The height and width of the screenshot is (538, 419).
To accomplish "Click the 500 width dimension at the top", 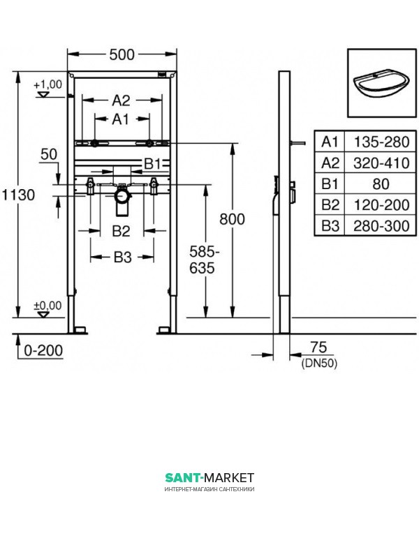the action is point(122,54).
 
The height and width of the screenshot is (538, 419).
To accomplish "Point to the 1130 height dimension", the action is point(19,195).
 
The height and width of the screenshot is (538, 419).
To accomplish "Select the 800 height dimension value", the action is point(232,219).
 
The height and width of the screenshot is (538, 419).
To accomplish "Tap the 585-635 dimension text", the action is point(205,260).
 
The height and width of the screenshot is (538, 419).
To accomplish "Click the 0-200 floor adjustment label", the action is point(43,350).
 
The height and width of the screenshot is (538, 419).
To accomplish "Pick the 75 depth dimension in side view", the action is point(318,348).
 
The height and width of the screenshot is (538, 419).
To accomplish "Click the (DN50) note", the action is point(319,363).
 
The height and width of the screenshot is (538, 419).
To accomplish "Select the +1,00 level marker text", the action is point(48,84).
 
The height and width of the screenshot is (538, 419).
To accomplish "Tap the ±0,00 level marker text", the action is point(47,306).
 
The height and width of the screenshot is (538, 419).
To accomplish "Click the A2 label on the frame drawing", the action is point(122,100).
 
